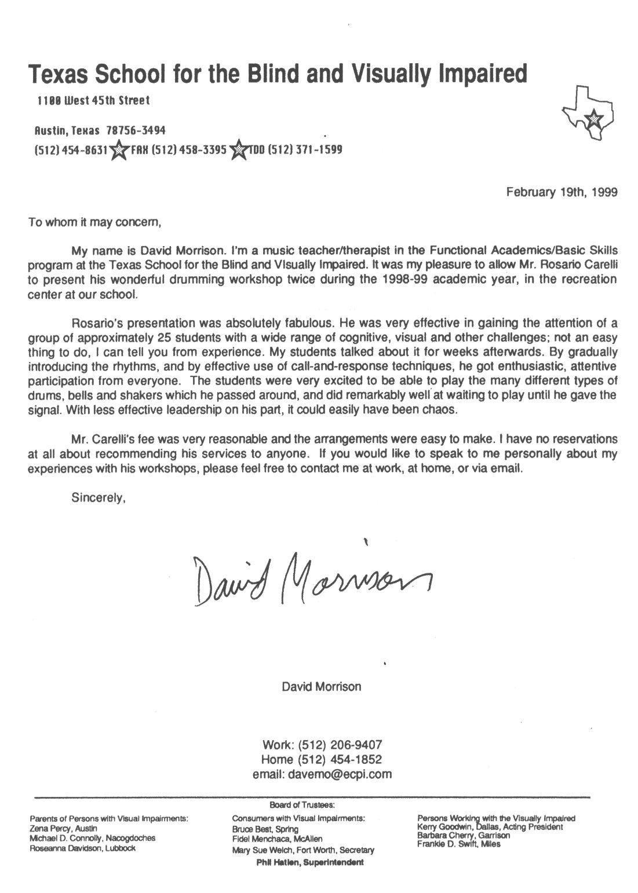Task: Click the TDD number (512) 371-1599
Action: pos(295,149)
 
